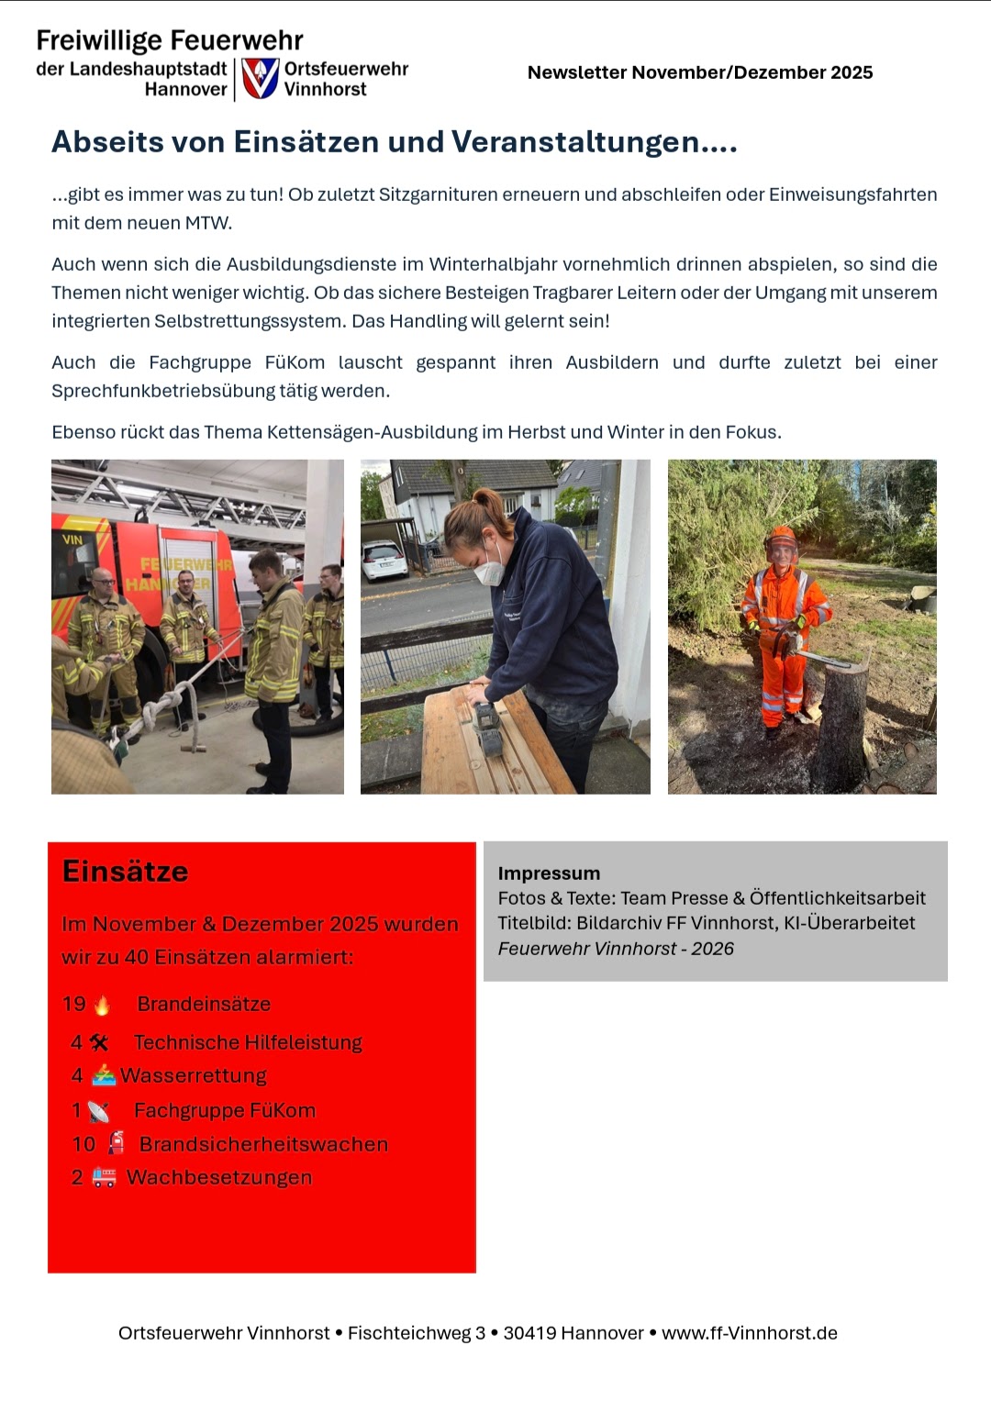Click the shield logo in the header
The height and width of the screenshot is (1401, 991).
(x=260, y=78)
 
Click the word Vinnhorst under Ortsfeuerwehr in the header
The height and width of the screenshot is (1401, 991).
(x=325, y=89)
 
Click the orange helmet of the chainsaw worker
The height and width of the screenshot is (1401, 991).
(x=781, y=536)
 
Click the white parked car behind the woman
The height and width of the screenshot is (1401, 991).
(x=384, y=560)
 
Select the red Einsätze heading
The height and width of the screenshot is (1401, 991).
(x=125, y=872)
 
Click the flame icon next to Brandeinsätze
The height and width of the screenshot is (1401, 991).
(x=102, y=1005)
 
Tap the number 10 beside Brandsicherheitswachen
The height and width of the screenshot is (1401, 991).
(x=84, y=1144)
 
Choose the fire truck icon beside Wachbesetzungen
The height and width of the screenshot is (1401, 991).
(x=104, y=1178)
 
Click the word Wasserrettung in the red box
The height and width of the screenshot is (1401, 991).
(x=194, y=1075)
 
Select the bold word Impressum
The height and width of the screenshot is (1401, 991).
(x=549, y=873)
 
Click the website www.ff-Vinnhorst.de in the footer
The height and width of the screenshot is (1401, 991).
(x=749, y=1333)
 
